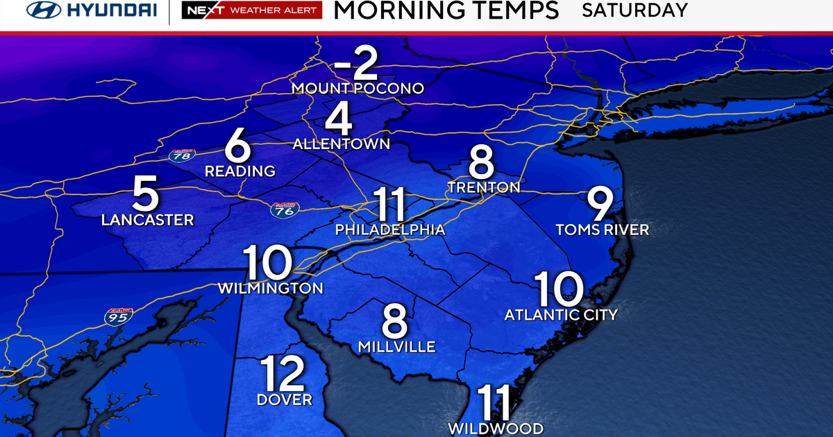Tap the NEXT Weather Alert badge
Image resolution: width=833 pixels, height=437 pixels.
click(x=251, y=11)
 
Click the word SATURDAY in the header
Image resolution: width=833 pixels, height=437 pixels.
click(x=634, y=10)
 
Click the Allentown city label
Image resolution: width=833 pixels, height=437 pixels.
click(x=342, y=144)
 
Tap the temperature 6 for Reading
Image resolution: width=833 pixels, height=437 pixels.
click(x=237, y=147)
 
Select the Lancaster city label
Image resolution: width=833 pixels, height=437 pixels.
click(x=147, y=220)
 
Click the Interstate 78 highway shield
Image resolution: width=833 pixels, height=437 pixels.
click(x=181, y=155)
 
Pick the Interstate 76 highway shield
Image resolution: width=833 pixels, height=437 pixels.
click(x=285, y=209)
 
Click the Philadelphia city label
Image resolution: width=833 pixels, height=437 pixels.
click(x=389, y=230)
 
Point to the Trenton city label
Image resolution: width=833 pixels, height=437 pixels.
click(x=484, y=187)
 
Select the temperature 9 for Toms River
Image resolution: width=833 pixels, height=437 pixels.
click(x=600, y=205)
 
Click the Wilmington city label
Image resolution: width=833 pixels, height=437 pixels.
click(x=270, y=288)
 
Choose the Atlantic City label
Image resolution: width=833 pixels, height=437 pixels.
click(x=561, y=315)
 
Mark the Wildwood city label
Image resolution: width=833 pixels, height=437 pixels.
click(x=495, y=428)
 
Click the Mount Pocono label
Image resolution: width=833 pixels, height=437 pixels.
click(x=357, y=88)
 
